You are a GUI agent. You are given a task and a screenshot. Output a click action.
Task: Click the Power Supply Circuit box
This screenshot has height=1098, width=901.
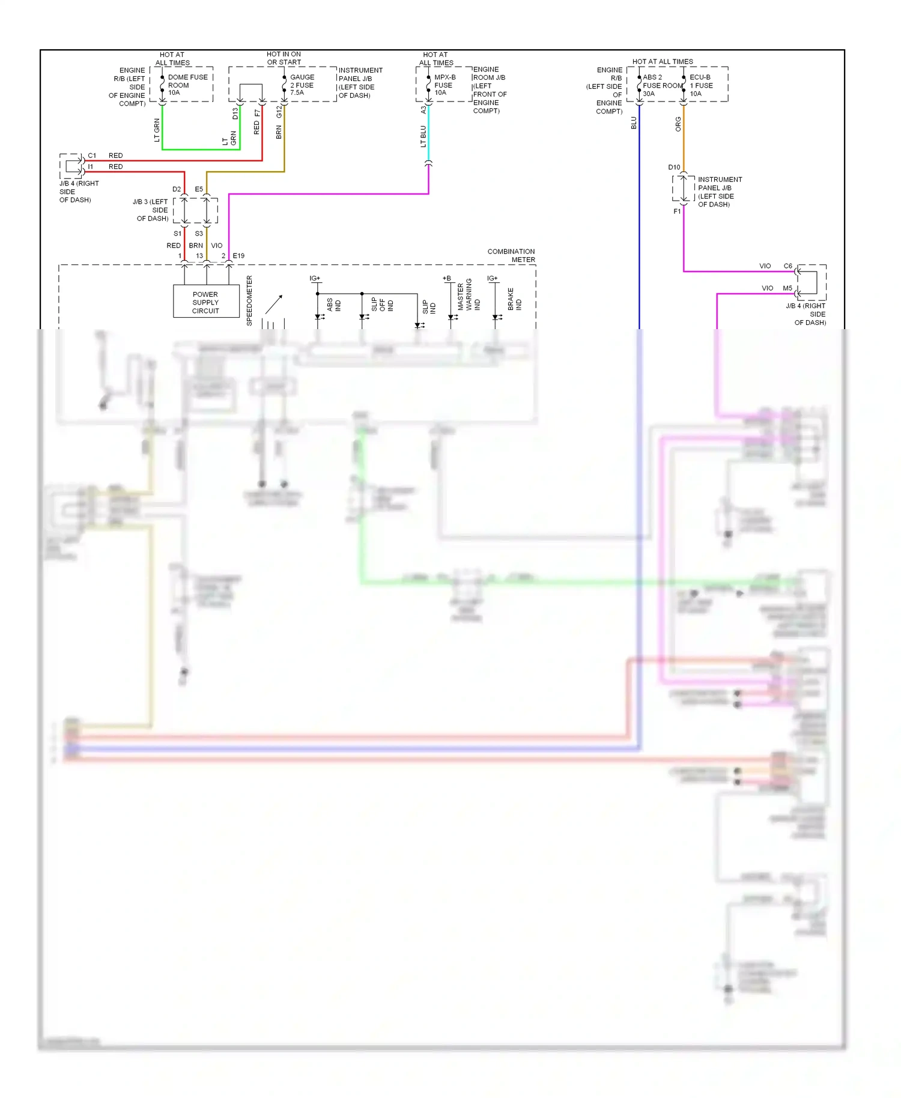tap(205, 302)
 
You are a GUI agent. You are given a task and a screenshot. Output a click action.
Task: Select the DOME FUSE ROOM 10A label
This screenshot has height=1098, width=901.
tap(187, 85)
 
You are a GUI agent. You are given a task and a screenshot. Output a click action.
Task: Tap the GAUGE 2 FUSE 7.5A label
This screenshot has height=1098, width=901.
tap(302, 85)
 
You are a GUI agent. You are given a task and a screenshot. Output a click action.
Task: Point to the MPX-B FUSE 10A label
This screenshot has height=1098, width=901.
tap(444, 85)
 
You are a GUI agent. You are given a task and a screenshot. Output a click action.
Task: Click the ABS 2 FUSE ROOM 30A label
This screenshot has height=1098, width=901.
tap(661, 85)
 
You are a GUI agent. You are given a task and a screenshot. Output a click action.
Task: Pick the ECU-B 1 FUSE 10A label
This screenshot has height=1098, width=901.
tap(701, 85)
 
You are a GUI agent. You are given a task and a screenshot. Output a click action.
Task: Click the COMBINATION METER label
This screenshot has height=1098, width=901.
tap(511, 255)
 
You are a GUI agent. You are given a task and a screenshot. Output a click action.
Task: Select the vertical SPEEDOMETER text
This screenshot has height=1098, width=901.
tap(249, 300)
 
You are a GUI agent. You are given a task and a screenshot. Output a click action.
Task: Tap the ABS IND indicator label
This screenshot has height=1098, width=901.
tap(333, 305)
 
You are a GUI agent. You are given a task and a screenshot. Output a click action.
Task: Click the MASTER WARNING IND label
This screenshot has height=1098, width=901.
tap(469, 294)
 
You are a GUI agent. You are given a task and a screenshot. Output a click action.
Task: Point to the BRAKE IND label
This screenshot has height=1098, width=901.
tap(514, 299)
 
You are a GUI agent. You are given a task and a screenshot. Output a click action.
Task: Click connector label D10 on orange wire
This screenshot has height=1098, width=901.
tap(674, 168)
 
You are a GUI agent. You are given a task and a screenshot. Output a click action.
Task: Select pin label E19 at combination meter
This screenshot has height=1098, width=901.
tap(238, 256)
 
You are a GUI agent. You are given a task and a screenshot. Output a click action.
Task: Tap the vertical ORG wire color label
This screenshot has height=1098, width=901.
tap(678, 124)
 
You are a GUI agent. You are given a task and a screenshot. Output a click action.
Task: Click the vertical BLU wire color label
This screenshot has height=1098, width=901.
tap(634, 123)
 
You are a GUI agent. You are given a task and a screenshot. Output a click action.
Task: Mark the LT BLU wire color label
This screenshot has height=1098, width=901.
tap(423, 136)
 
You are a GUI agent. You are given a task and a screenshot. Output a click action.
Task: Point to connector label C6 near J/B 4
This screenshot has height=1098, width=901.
tap(787, 266)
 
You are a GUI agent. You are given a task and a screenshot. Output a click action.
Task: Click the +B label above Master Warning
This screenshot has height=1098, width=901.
tap(446, 278)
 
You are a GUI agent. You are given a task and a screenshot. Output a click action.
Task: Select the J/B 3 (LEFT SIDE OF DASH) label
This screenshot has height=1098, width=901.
tap(151, 210)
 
